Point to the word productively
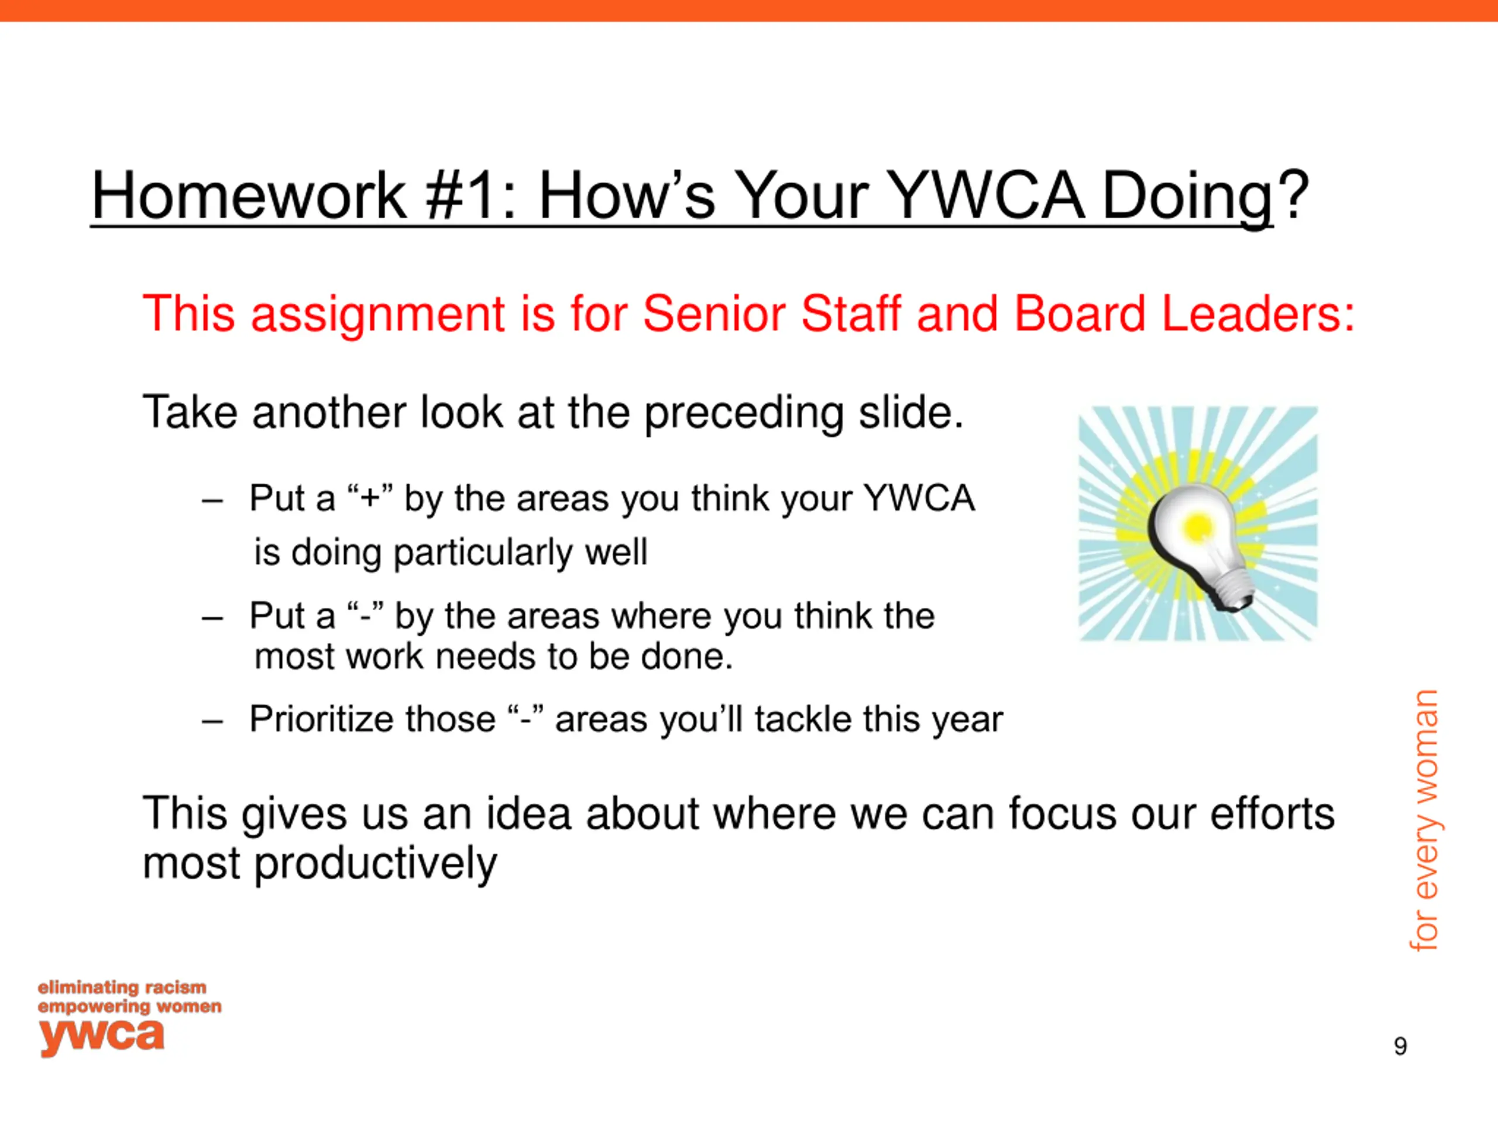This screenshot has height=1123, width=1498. (x=375, y=864)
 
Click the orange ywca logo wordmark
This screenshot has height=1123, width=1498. (x=102, y=1036)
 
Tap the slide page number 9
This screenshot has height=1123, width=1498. (x=1400, y=1046)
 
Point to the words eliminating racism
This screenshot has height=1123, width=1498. (x=122, y=988)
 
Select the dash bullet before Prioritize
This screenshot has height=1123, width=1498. (x=212, y=722)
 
